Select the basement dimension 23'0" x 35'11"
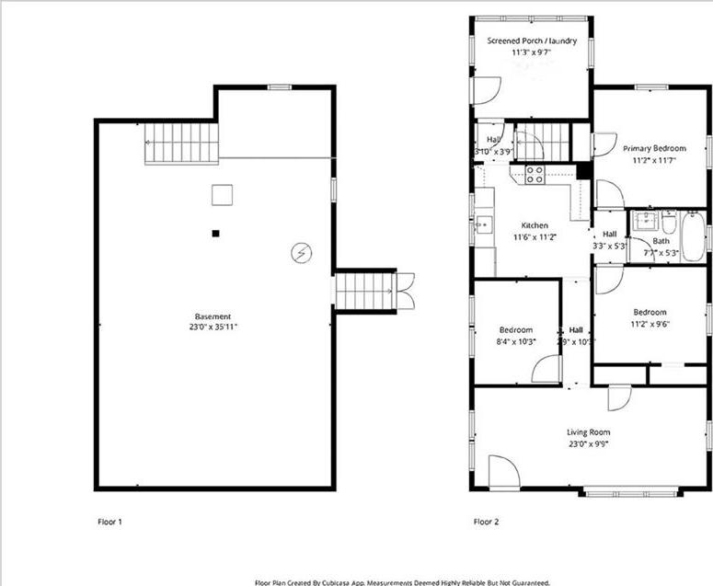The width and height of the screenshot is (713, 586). point(213,327)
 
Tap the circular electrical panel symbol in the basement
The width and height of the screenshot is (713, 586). point(300,251)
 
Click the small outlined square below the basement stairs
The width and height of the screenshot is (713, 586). point(222,195)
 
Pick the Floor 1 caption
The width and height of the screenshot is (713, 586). point(109,522)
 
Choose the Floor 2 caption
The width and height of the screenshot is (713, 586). point(486,522)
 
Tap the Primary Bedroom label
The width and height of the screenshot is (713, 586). point(654,148)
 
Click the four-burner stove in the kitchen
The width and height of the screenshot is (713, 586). point(535,174)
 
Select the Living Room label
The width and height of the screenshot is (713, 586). point(588,432)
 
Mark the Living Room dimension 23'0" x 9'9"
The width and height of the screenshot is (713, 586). point(588,444)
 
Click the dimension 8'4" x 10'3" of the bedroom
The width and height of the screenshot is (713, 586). point(516,341)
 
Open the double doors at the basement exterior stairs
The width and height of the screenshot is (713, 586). point(406,291)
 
